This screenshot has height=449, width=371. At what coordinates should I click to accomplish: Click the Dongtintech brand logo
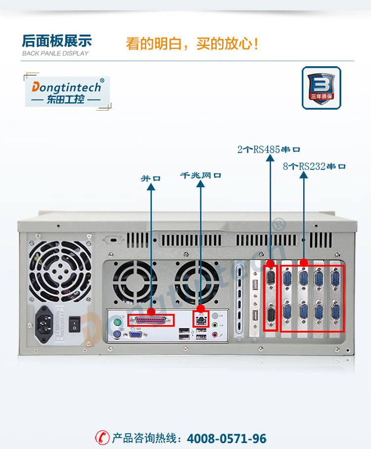click(x=67, y=92)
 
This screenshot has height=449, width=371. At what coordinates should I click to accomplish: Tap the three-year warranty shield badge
click(x=321, y=87)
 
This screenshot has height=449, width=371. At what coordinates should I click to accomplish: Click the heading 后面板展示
click(x=57, y=41)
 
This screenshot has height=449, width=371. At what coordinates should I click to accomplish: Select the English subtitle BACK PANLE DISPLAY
click(x=55, y=53)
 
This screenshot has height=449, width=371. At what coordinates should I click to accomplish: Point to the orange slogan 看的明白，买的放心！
click(x=192, y=43)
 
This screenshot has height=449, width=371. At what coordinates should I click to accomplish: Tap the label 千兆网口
click(x=200, y=175)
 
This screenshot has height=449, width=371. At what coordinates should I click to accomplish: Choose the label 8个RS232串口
click(x=314, y=166)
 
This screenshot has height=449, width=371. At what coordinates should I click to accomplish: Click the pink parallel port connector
click(x=151, y=320)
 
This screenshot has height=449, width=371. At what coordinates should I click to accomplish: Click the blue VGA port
click(x=135, y=335)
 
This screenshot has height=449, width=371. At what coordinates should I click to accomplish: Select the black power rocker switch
click(x=75, y=324)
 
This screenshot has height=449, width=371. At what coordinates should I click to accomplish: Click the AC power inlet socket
click(x=48, y=326)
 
